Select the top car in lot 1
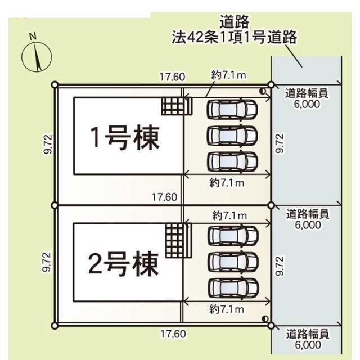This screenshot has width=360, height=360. [232, 109]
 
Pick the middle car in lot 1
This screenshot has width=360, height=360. [232, 135]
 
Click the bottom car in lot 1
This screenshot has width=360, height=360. [232, 161]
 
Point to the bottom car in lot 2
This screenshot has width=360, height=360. [232, 287]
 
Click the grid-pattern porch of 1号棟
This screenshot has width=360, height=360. [177, 106]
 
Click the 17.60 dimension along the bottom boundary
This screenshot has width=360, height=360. [172, 334]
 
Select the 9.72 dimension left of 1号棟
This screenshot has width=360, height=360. [49, 145]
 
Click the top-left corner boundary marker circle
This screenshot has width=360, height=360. [55, 85]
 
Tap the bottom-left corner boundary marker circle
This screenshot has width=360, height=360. [55, 325]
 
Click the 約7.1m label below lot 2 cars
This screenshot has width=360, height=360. [227, 309]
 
